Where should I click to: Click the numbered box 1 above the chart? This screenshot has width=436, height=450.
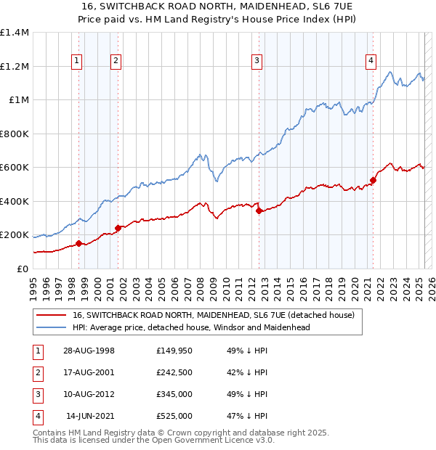pyautogui.click(x=77, y=61)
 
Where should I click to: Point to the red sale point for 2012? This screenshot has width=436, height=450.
pyautogui.click(x=259, y=210)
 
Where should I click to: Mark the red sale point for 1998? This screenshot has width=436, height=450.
pyautogui.click(x=78, y=243)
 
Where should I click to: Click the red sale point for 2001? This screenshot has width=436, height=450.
pyautogui.click(x=117, y=228)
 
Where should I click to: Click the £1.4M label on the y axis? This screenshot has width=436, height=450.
pyautogui.click(x=15, y=33)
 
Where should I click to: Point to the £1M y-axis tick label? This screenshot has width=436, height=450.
pyautogui.click(x=19, y=100)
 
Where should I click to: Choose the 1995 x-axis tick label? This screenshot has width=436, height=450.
pyautogui.click(x=34, y=288)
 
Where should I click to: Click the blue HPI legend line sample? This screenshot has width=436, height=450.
pyautogui.click(x=52, y=327)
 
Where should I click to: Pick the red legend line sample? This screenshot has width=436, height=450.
pyautogui.click(x=52, y=316)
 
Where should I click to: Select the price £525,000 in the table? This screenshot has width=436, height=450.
pyautogui.click(x=174, y=416)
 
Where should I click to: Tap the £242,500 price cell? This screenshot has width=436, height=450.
pyautogui.click(x=174, y=372)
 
